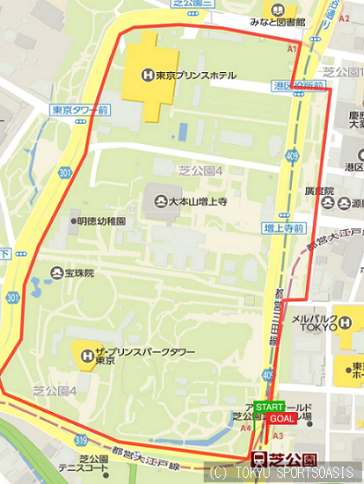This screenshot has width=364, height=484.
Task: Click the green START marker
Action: pos(270,407)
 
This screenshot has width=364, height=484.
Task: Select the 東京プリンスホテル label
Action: pos(196,75)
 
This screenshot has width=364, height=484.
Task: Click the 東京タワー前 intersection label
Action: pos(79,110)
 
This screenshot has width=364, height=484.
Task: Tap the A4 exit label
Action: pos(246,428)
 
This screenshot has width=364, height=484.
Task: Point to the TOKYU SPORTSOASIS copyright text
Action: pos(285,474)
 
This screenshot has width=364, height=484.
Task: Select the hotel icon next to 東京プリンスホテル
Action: pos(148,75)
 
